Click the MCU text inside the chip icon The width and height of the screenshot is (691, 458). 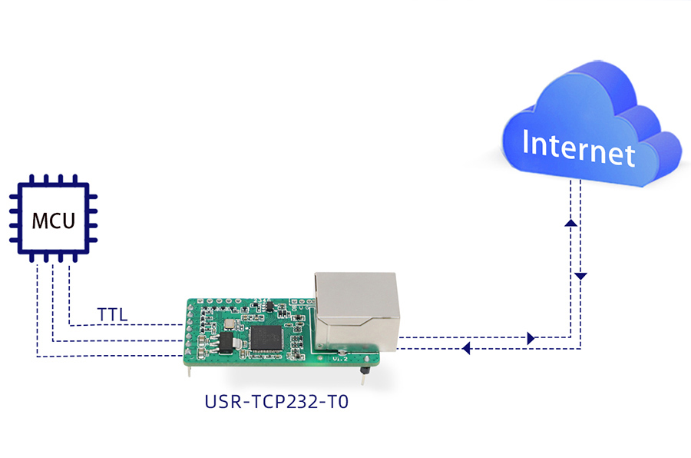click(x=53, y=221)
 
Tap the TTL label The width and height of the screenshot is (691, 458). click(x=112, y=315)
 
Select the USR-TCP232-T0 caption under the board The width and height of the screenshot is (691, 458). click(x=276, y=402)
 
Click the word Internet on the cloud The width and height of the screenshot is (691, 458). click(x=578, y=148)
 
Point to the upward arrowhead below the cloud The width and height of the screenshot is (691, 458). click(x=570, y=223)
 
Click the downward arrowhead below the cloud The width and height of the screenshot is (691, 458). click(x=580, y=276)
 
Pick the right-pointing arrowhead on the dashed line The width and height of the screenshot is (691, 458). click(x=531, y=338)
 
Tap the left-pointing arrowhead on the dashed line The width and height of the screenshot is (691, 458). click(x=466, y=349)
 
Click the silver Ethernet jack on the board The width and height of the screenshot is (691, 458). click(x=356, y=311)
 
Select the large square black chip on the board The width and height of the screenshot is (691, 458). click(x=266, y=338)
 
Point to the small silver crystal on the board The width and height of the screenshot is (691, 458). click(x=229, y=324)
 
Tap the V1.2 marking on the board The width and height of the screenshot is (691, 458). click(x=340, y=359)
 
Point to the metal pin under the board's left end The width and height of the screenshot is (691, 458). click(x=190, y=371)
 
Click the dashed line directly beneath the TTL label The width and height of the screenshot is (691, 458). click(x=126, y=325)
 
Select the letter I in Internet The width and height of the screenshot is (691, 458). click(x=525, y=141)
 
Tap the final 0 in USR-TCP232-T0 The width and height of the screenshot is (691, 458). click(x=343, y=402)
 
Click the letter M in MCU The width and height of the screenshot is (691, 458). click(x=39, y=221)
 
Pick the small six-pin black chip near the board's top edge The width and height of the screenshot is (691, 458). click(x=269, y=306)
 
